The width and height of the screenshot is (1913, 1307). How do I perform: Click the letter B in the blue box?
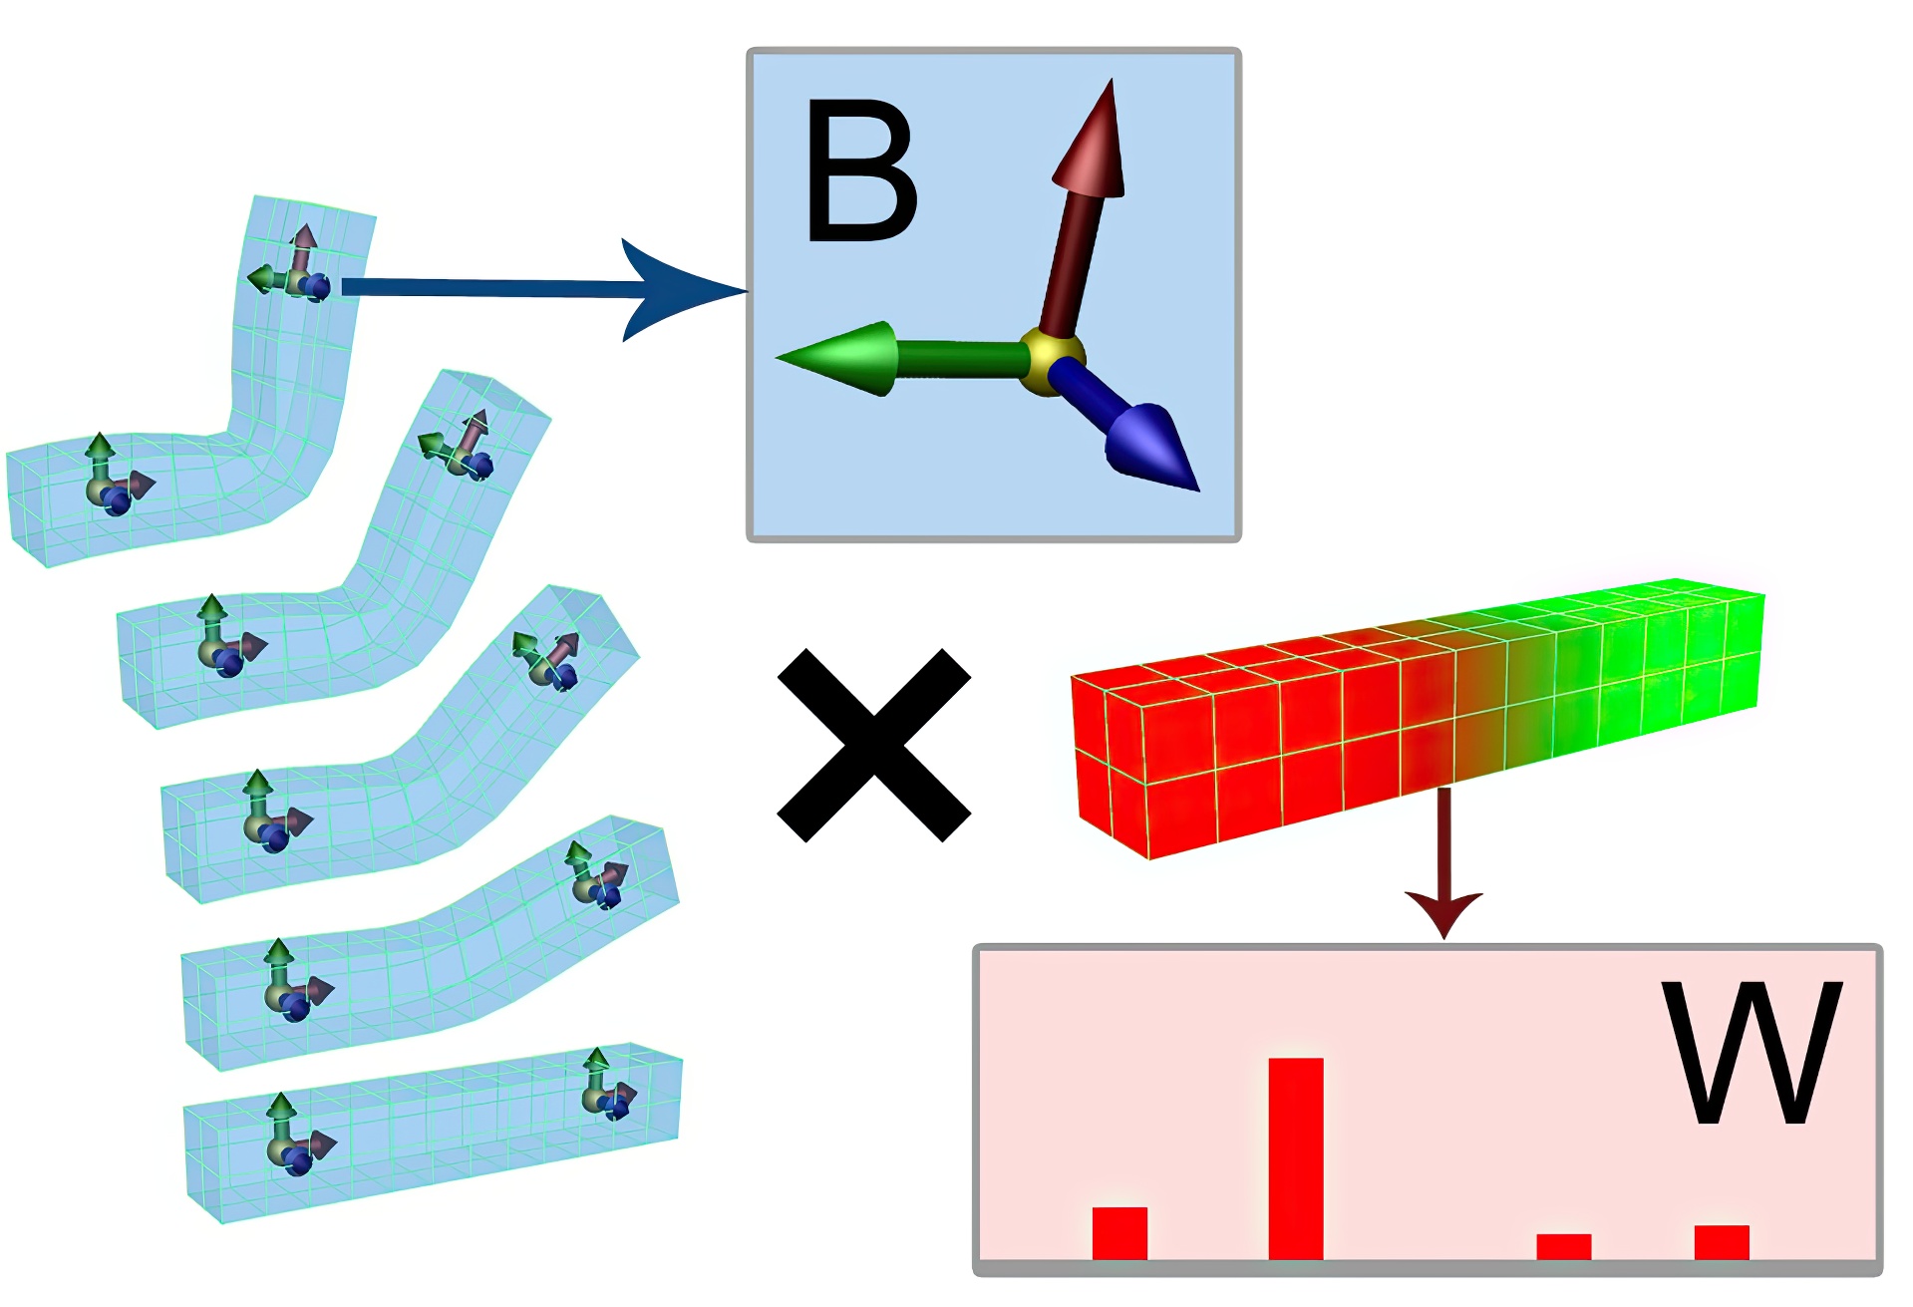click(859, 171)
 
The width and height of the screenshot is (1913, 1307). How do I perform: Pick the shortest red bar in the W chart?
click(1563, 1246)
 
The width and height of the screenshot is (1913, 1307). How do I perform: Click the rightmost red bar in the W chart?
click(1722, 1241)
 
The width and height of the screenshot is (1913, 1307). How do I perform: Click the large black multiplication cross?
click(873, 746)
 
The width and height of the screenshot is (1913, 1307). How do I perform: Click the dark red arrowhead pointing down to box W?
click(1443, 912)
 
